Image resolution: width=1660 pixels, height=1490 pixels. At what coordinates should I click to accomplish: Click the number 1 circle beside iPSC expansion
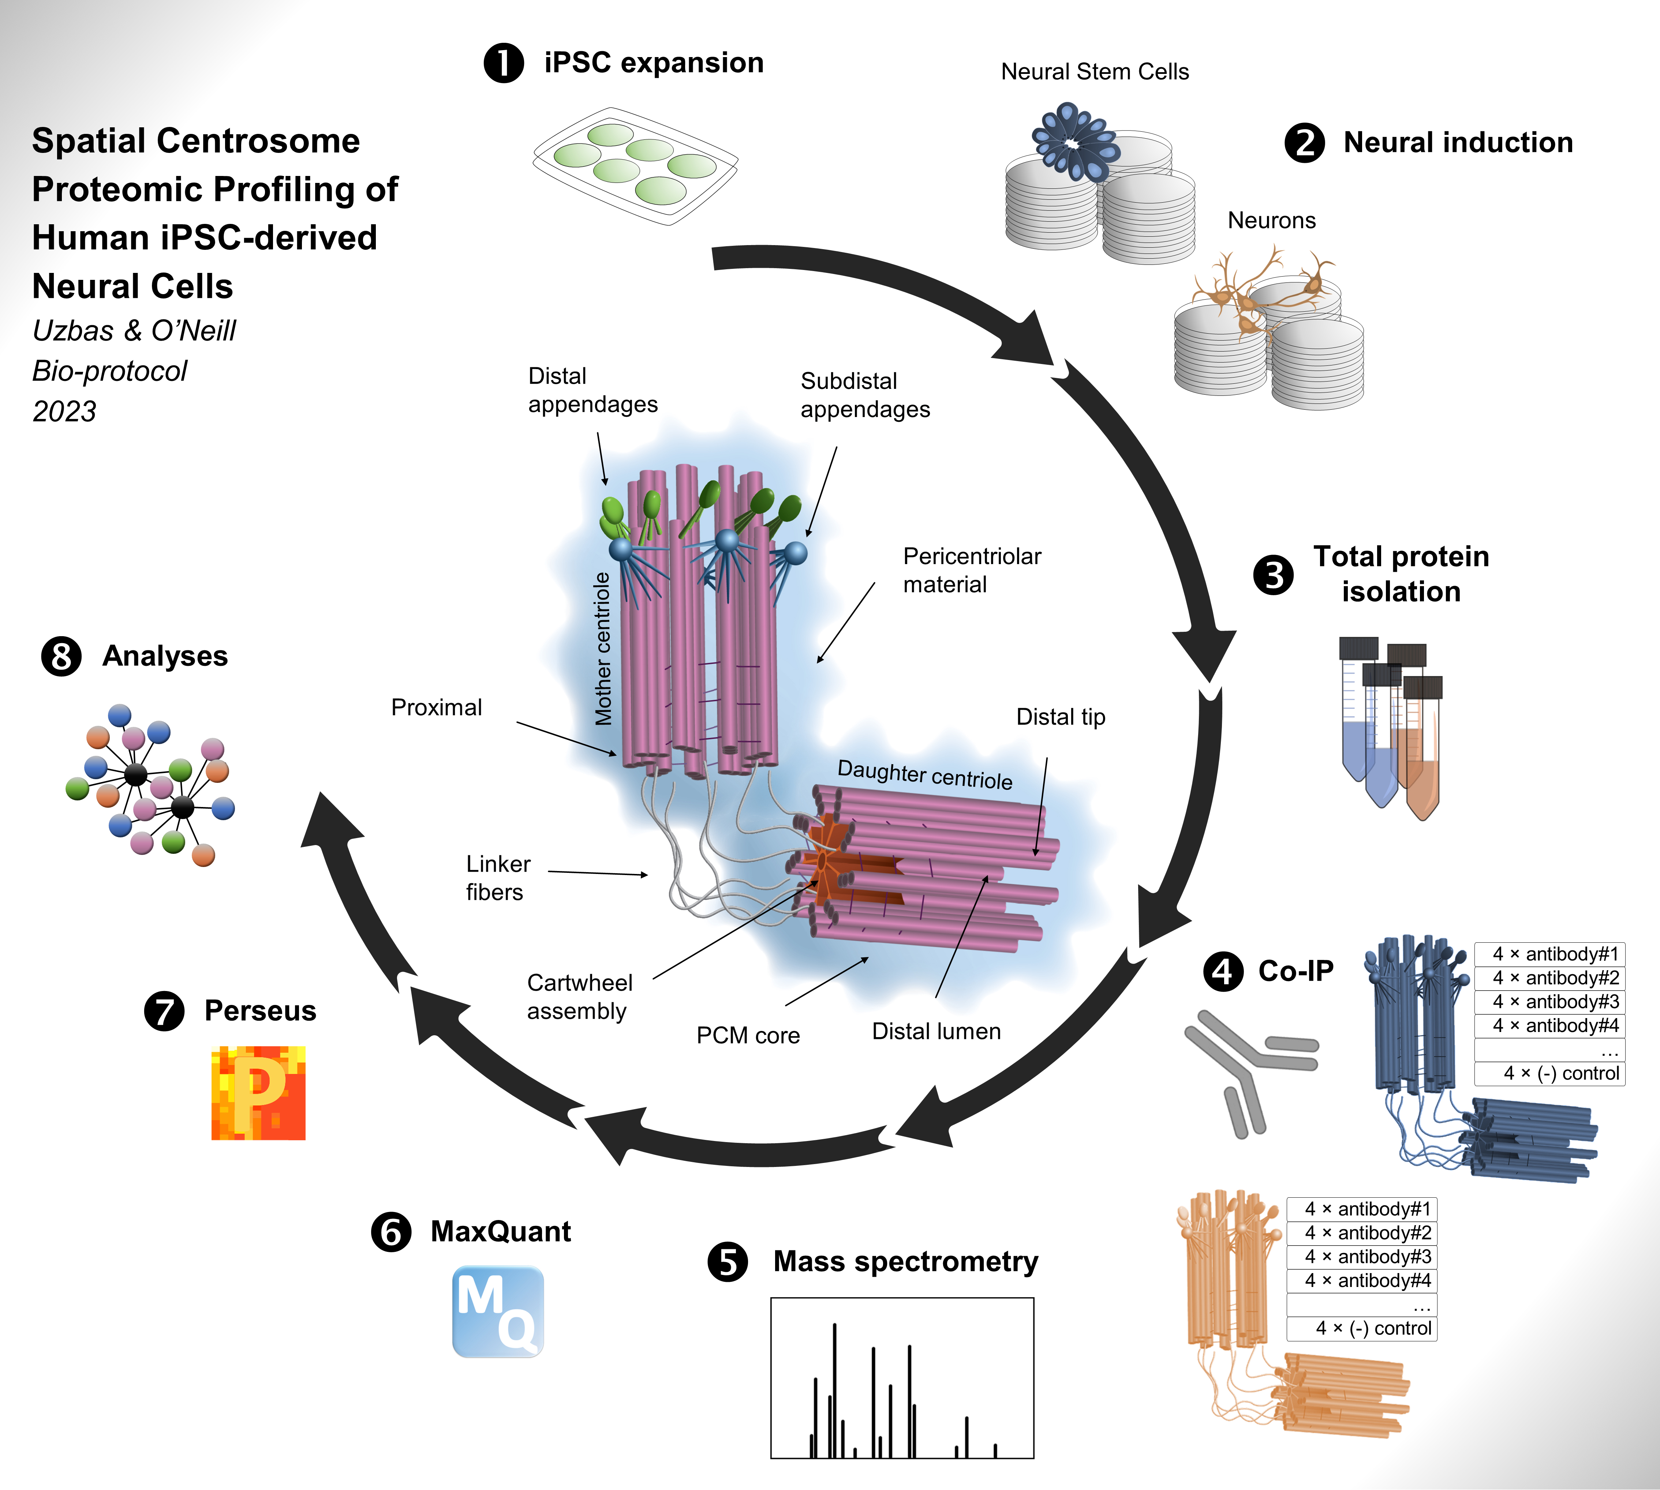coord(504,63)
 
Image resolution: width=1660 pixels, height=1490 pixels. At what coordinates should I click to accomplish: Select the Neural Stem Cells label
coord(1095,72)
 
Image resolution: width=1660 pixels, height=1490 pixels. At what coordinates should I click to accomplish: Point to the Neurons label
coord(1272,220)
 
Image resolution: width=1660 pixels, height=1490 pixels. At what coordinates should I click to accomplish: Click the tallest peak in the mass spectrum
coord(834,1390)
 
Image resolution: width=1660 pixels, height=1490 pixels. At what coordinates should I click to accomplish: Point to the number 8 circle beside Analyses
coord(61,657)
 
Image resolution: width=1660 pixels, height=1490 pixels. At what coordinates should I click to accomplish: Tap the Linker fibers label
coord(498,878)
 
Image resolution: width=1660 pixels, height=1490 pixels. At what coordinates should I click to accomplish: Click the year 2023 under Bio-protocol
coord(64,411)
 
